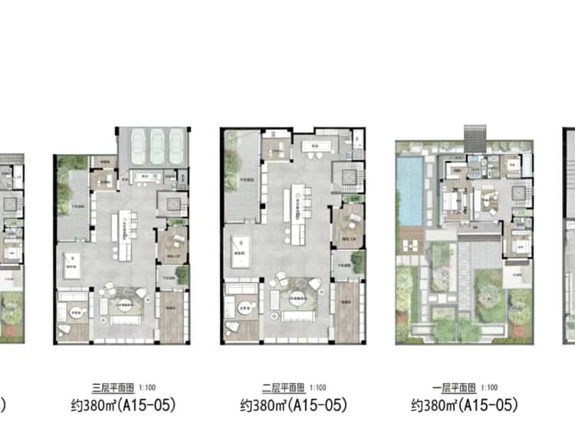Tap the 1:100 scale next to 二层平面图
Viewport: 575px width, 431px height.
[x=317, y=388]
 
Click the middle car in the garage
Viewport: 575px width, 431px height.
[x=156, y=142]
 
